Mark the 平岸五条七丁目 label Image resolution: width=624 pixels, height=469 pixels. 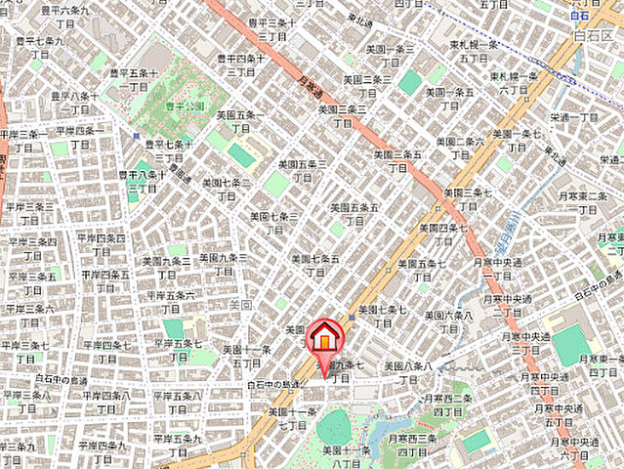(x=177, y=352)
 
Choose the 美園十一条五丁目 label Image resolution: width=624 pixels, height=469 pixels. (x=246, y=357)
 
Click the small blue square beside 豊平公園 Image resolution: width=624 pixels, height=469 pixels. (x=136, y=136)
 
